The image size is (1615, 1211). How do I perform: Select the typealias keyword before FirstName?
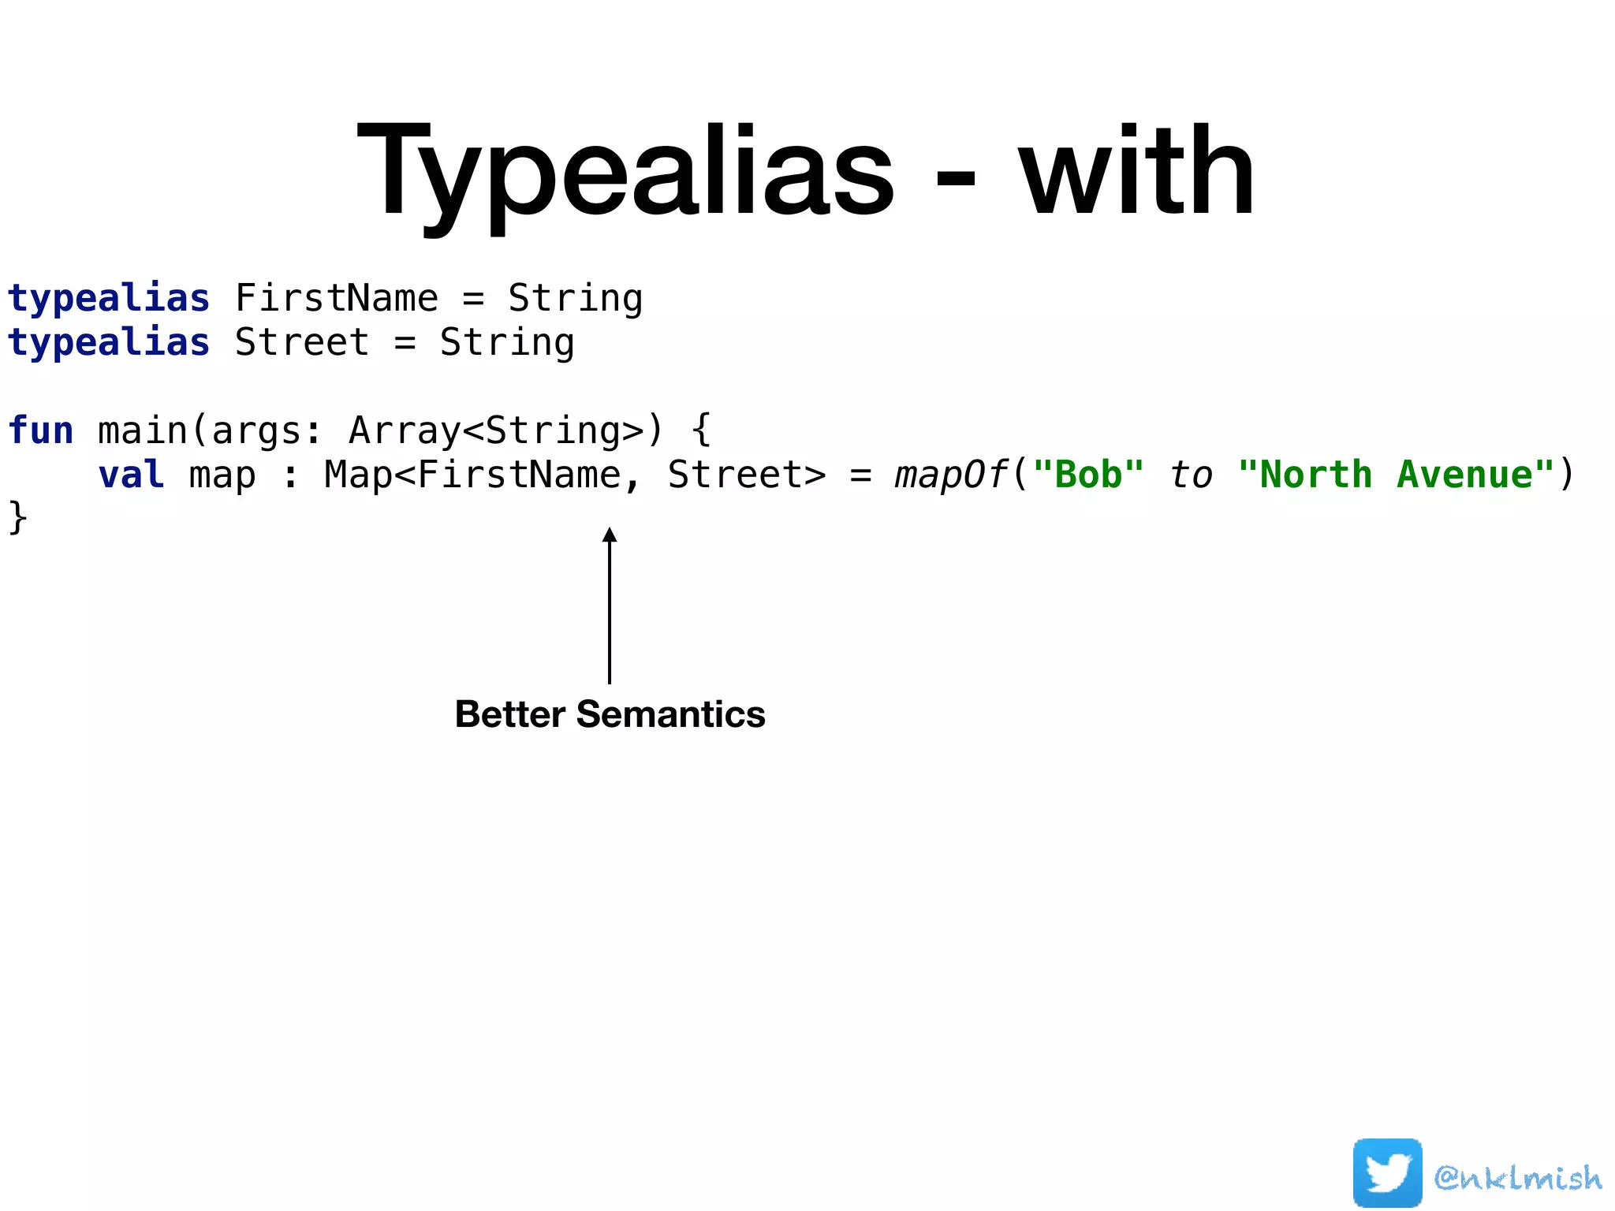point(109,299)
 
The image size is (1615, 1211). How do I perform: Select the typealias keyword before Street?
point(109,343)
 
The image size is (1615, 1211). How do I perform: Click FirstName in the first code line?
point(336,299)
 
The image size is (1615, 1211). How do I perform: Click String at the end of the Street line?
point(507,343)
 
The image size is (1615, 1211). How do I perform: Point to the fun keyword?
point(40,430)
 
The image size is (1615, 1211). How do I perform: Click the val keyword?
point(131,475)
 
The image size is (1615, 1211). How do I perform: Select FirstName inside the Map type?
point(519,475)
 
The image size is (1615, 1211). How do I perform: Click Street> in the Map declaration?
point(746,475)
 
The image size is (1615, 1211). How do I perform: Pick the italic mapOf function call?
point(950,475)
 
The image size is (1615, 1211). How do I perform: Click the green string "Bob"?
point(1088,475)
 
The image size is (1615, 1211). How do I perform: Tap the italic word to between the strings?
point(1191,475)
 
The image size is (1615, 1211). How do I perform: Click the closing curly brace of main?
point(17,518)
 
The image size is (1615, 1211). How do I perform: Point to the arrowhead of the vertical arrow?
point(610,535)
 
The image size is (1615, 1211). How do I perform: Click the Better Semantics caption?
point(610,714)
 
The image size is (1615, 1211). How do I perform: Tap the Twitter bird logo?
point(1387,1172)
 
